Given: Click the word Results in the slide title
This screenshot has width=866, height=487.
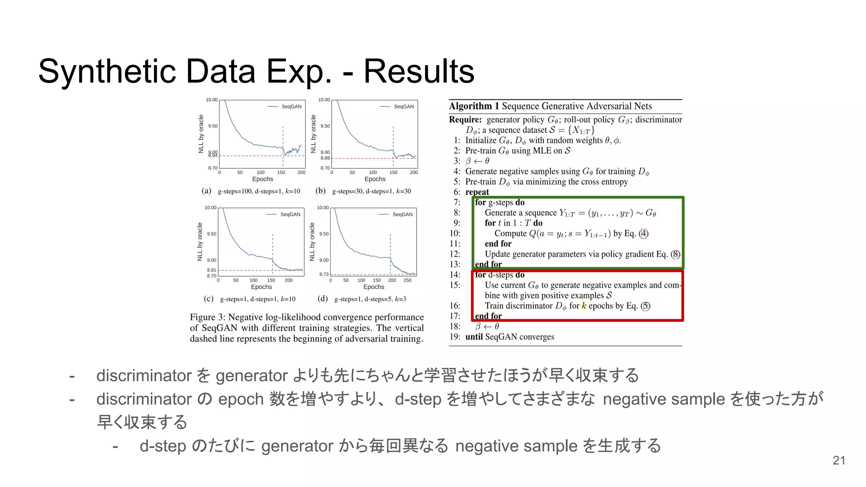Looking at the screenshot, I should point(419,71).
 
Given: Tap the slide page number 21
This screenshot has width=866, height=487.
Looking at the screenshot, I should point(839,460).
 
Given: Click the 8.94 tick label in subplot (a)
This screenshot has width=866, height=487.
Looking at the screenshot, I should point(213,156).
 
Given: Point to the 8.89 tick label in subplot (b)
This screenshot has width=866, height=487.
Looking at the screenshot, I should point(325,158).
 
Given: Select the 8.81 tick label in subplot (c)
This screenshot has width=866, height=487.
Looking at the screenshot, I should point(211,270).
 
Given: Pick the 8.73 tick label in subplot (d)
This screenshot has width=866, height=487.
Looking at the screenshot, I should point(324,274).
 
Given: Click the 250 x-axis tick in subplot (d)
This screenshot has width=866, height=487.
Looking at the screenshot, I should point(407,280).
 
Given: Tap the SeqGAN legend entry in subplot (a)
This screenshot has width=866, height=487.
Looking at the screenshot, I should point(291,107).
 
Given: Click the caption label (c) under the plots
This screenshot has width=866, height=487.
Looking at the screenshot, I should point(208,299).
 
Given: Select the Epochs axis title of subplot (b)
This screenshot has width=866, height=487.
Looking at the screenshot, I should point(375,179).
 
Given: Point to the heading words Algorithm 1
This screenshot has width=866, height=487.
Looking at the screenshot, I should point(473,106).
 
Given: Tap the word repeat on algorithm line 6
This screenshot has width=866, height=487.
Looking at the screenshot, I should point(477,192).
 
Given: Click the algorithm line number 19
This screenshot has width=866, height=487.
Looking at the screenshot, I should point(455,337).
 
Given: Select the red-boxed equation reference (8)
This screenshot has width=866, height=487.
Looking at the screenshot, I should point(676,254).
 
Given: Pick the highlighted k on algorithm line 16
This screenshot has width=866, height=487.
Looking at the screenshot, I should point(584,306).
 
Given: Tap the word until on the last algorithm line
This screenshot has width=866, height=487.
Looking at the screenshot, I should point(474,337).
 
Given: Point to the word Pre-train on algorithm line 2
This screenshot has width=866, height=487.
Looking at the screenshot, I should point(480,151).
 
